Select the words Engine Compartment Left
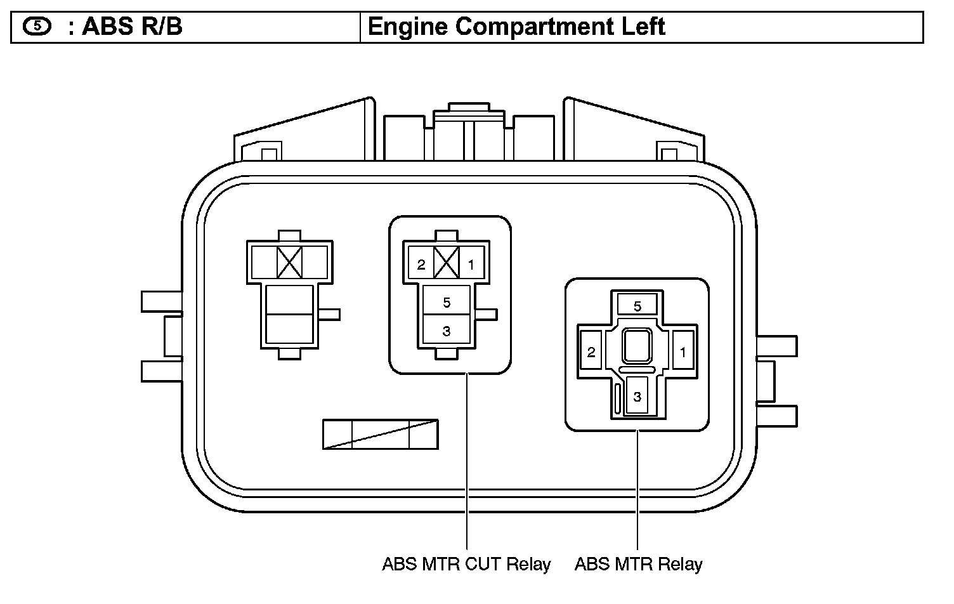(516, 27)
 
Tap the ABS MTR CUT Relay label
(466, 564)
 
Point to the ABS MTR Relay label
(638, 564)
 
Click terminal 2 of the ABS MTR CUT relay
(422, 265)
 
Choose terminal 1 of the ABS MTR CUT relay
(471, 265)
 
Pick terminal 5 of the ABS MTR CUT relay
(447, 303)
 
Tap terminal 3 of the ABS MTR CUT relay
(447, 331)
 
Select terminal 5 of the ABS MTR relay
(637, 306)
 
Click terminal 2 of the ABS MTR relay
(591, 351)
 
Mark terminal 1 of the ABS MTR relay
(683, 351)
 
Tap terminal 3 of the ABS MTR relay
(637, 397)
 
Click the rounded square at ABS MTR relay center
(636, 346)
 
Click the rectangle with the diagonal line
(380, 434)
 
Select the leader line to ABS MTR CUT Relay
(466, 463)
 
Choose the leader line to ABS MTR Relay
(637, 489)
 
